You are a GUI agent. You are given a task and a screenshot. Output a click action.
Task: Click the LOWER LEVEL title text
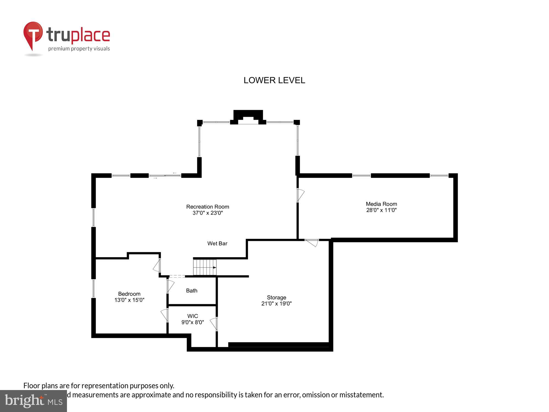(x=274, y=80)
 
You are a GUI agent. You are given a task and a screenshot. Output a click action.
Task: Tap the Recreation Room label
(x=208, y=207)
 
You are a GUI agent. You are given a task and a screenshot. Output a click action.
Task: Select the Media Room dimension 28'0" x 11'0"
(x=381, y=210)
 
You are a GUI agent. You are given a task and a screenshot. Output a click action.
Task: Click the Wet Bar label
(x=217, y=243)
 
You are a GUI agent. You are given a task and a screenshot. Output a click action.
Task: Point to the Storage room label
(x=276, y=297)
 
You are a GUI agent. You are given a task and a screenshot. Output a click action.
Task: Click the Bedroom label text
(x=129, y=294)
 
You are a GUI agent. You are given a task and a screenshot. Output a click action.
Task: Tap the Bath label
(x=192, y=291)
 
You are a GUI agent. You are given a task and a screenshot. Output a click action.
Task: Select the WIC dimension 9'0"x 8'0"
(x=192, y=322)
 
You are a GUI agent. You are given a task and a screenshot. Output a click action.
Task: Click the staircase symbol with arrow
(x=205, y=267)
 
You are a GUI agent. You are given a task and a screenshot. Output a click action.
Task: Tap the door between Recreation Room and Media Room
(x=300, y=195)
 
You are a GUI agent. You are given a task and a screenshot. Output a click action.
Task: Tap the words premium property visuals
(x=79, y=49)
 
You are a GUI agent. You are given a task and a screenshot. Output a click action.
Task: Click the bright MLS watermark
(x=33, y=401)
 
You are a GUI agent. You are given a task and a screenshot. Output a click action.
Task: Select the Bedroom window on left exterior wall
(x=94, y=288)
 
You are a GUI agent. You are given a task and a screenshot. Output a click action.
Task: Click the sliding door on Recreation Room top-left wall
(x=165, y=176)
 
